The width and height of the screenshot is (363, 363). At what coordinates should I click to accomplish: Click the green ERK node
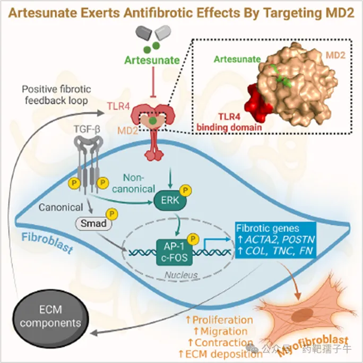[x=170, y=200]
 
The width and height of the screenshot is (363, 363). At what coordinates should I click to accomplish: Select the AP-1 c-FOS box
[x=175, y=252]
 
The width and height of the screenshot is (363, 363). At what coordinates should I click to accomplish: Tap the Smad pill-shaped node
[x=93, y=223]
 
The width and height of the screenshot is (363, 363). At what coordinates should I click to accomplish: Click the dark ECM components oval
[x=51, y=316]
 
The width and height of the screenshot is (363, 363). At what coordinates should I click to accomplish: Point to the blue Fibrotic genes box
[x=276, y=240]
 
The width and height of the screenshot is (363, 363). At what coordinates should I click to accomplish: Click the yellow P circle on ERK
[x=185, y=191]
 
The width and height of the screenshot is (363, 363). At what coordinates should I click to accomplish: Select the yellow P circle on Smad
[x=112, y=214]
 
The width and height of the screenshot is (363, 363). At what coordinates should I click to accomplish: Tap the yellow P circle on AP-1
[x=193, y=239]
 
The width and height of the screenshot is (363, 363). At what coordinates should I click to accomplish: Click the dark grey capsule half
[x=144, y=32]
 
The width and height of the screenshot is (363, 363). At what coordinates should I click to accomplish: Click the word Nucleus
[x=181, y=275]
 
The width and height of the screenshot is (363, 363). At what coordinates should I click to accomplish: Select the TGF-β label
[x=87, y=129]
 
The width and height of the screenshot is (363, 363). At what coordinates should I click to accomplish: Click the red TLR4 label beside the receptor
[x=118, y=106]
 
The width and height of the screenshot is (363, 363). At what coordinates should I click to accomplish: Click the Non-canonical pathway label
[x=133, y=183]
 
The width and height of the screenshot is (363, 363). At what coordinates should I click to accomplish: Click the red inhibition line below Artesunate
[x=153, y=82]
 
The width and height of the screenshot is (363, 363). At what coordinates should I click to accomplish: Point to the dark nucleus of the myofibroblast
[x=302, y=315]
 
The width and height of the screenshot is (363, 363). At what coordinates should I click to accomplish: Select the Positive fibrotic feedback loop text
[x=56, y=95]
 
